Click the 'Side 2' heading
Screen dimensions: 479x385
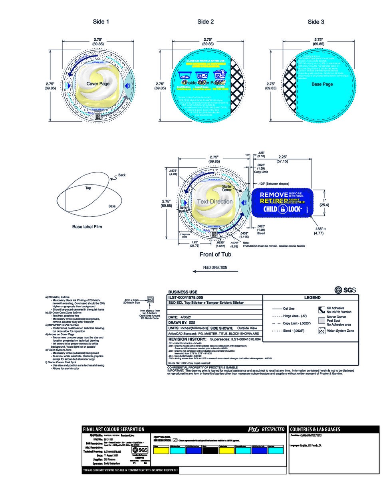click(x=205, y=22)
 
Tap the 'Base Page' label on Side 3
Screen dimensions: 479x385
click(x=322, y=84)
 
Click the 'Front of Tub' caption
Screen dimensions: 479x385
click(x=215, y=254)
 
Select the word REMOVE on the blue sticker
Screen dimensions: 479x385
click(x=274, y=194)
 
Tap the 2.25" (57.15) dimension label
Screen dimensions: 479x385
click(x=284, y=159)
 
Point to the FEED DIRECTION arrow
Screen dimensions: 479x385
click(x=215, y=271)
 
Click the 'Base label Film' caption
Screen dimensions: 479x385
click(x=87, y=227)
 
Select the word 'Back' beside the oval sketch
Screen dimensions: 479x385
click(x=121, y=175)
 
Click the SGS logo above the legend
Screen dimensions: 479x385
click(x=345, y=290)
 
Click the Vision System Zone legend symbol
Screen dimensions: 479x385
click(x=321, y=331)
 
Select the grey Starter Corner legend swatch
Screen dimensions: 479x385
click(x=321, y=320)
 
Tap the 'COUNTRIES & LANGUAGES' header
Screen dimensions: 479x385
click(x=315, y=430)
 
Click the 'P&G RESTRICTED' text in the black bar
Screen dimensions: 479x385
click(x=266, y=430)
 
